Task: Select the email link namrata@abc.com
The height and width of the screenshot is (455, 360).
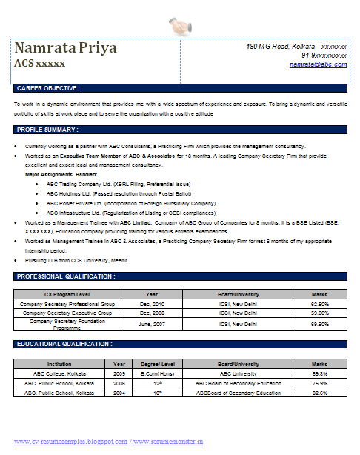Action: click(318, 64)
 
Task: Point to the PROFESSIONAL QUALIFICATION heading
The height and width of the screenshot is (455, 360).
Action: click(66, 276)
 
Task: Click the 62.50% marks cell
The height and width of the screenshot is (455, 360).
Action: click(319, 304)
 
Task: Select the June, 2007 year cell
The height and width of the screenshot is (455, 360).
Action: click(151, 324)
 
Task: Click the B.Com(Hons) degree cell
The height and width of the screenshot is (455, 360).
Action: click(157, 373)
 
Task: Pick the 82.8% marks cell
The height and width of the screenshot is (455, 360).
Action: click(319, 393)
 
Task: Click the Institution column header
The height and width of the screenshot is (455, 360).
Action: click(59, 364)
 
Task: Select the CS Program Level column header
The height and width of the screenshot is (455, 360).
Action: click(67, 294)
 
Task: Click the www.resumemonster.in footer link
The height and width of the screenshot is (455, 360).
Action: click(170, 442)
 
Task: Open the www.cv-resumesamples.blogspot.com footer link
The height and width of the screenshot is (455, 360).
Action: click(70, 442)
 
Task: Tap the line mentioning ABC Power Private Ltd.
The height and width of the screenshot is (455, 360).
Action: click(131, 202)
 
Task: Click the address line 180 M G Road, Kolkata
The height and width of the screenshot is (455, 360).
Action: click(296, 47)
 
